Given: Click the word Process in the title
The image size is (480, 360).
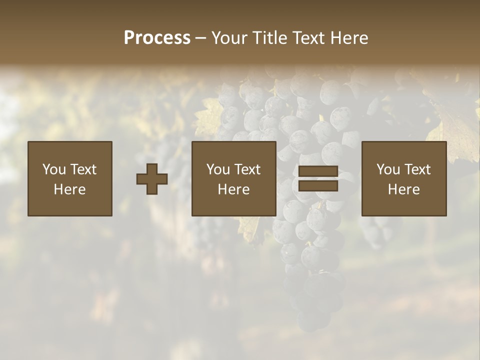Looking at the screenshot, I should tap(157, 38).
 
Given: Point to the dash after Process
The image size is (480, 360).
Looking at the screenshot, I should tap(201, 38).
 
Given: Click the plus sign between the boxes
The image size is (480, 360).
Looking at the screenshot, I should tap(152, 179).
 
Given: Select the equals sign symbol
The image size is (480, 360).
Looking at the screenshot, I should tap(318, 178).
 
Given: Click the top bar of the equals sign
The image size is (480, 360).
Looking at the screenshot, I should tap(318, 171).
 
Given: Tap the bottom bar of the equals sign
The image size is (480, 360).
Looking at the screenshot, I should tap(318, 186).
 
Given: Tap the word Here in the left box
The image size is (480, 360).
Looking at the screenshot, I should tap(70, 189).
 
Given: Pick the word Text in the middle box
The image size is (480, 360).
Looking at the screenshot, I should tap(247, 169).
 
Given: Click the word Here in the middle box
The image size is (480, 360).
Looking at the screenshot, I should tap(234, 189).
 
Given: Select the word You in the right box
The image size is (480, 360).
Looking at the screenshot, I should tap(388, 169).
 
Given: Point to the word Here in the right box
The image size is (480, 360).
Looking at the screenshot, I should tap(404, 189).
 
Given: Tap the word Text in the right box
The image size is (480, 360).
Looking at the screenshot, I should tap(417, 169).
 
